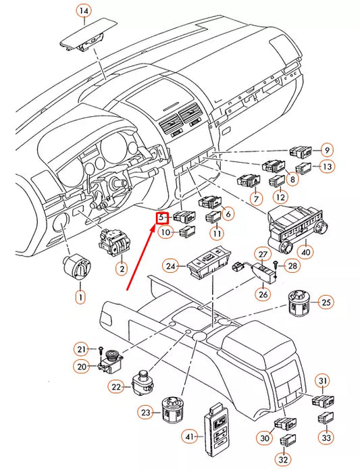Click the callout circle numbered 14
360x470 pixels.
[83, 11]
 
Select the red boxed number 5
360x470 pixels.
[162, 217]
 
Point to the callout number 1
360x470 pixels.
[80, 296]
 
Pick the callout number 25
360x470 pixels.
[326, 301]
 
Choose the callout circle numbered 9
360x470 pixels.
[327, 150]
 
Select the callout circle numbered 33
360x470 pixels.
[327, 437]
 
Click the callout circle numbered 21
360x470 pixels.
[82, 349]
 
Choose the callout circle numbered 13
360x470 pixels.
[327, 167]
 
